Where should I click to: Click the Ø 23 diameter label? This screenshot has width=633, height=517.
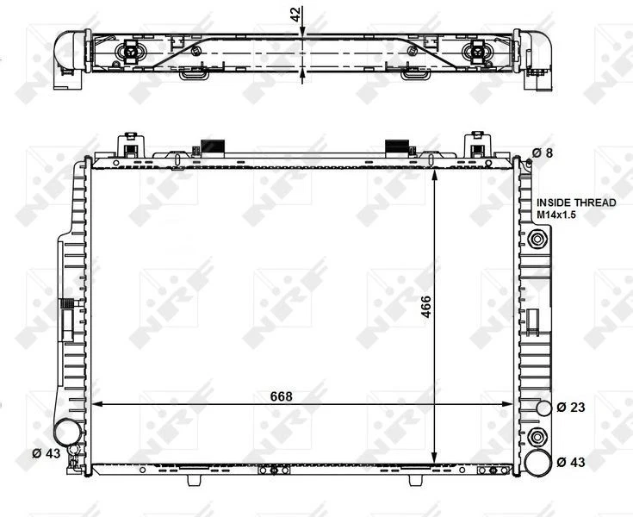pyautogui.click(x=571, y=407)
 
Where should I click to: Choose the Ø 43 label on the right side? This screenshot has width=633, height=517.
pyautogui.click(x=571, y=462)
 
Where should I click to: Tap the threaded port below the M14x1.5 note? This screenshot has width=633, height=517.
pyautogui.click(x=538, y=239)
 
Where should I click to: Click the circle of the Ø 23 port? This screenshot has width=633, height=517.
pyautogui.click(x=543, y=408)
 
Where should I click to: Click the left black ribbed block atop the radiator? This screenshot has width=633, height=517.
pyautogui.click(x=212, y=146)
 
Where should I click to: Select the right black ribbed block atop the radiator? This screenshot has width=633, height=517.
pyautogui.click(x=397, y=146)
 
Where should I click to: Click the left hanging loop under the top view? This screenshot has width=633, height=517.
pyautogui.click(x=193, y=75)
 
